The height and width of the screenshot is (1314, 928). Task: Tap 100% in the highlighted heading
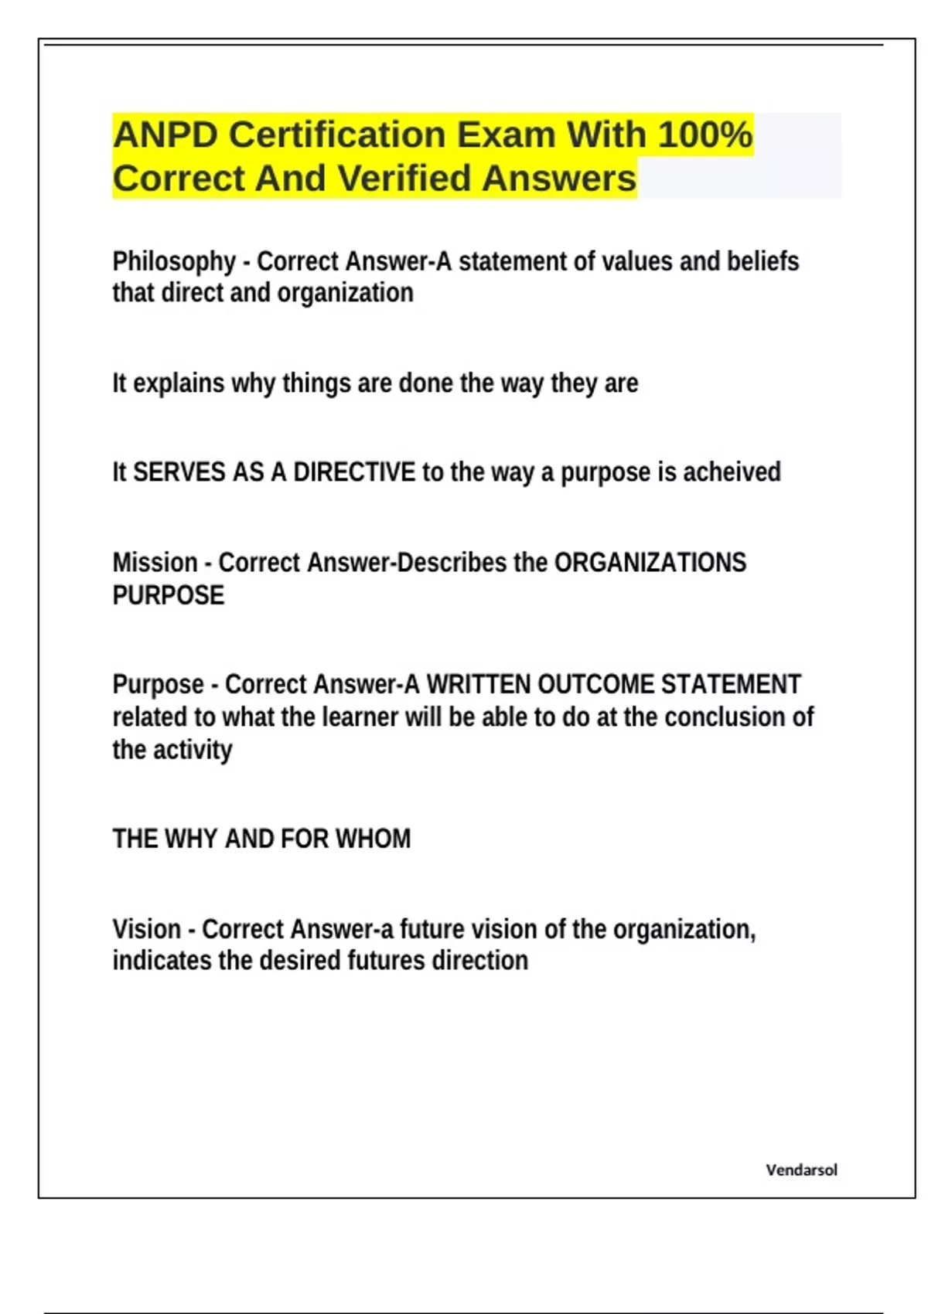point(705,134)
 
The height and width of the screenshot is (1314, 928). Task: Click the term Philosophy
point(174,262)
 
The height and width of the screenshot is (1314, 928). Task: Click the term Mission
point(155,562)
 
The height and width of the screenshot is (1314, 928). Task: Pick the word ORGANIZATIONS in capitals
point(650,562)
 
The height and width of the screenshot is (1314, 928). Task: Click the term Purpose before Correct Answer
point(158,684)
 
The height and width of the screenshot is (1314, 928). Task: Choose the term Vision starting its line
point(147,929)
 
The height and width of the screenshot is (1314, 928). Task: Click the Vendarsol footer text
point(801,1170)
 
